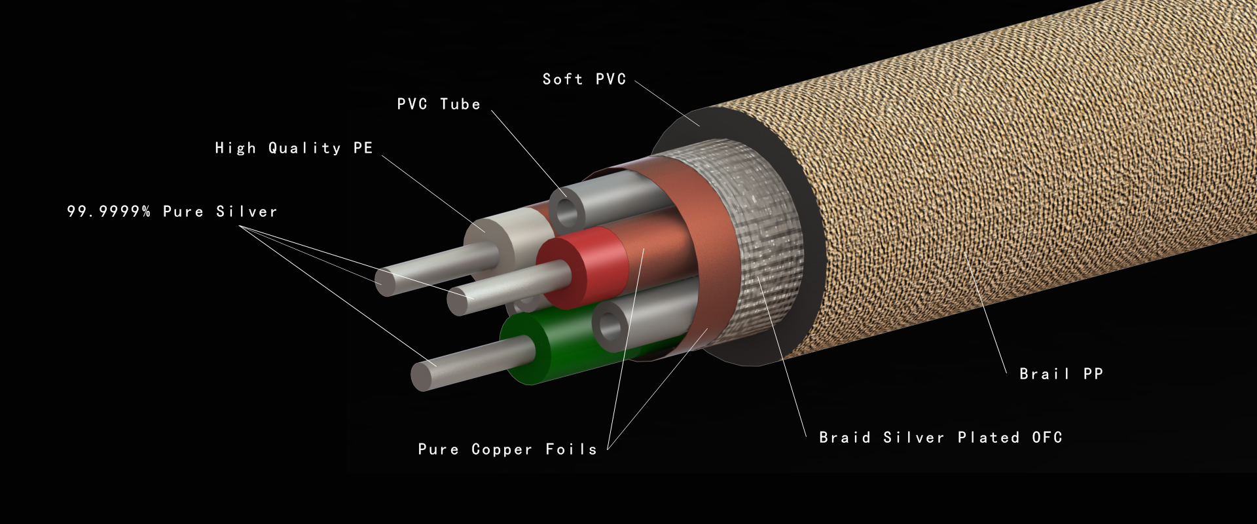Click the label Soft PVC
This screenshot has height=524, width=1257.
pyautogui.click(x=585, y=79)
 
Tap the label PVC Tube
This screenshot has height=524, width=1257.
pyautogui.click(x=439, y=104)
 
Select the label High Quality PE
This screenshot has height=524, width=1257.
pyautogui.click(x=294, y=148)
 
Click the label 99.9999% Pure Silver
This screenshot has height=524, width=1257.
pyautogui.click(x=172, y=212)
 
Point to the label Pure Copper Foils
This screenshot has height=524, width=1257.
pyautogui.click(x=507, y=449)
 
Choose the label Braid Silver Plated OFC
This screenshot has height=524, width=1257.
pyautogui.click(x=941, y=438)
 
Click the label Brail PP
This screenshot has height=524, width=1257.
pyautogui.click(x=1061, y=374)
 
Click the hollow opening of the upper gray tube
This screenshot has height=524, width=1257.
pyautogui.click(x=566, y=210)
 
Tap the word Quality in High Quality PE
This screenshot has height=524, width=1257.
pyautogui.click(x=304, y=148)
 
